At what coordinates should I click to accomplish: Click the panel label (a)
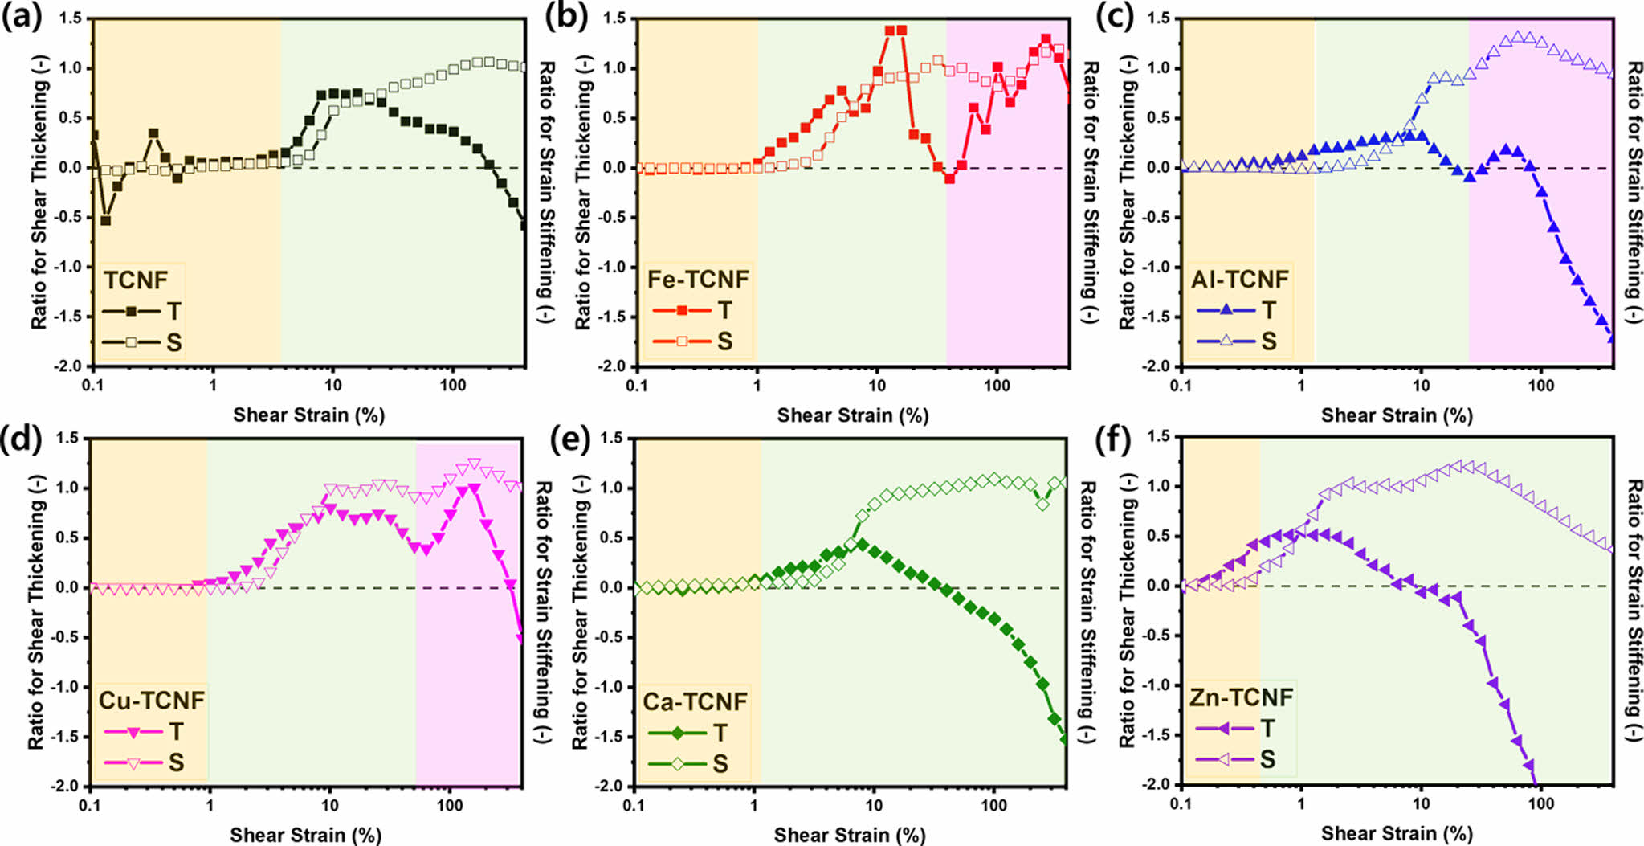[x=22, y=18]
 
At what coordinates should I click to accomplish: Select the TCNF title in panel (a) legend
[x=136, y=280]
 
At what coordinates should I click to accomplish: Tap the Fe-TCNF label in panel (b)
[x=697, y=280]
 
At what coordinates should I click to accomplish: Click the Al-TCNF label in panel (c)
[x=1239, y=280]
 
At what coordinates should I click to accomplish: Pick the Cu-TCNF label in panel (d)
[x=151, y=701]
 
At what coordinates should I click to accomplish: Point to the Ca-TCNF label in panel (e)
[x=695, y=701]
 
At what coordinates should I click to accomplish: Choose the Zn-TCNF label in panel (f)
[x=1241, y=697]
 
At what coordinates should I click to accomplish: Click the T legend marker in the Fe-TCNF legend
[x=682, y=310]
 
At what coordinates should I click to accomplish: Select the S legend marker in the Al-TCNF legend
[x=1226, y=341]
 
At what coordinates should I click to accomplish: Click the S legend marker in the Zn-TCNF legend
[x=1225, y=759]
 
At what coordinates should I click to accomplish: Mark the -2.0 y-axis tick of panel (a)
[x=70, y=366]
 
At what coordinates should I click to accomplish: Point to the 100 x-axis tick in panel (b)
[x=997, y=386]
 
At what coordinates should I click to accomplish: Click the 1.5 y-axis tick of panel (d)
[x=67, y=439]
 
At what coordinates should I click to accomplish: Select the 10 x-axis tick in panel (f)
[x=1421, y=803]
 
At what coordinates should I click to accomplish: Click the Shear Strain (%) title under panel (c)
[x=1397, y=415]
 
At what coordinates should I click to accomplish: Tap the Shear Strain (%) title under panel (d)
[x=305, y=835]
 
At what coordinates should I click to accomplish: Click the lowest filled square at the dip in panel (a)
[x=105, y=220]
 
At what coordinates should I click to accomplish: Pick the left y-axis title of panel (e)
[x=581, y=611]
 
